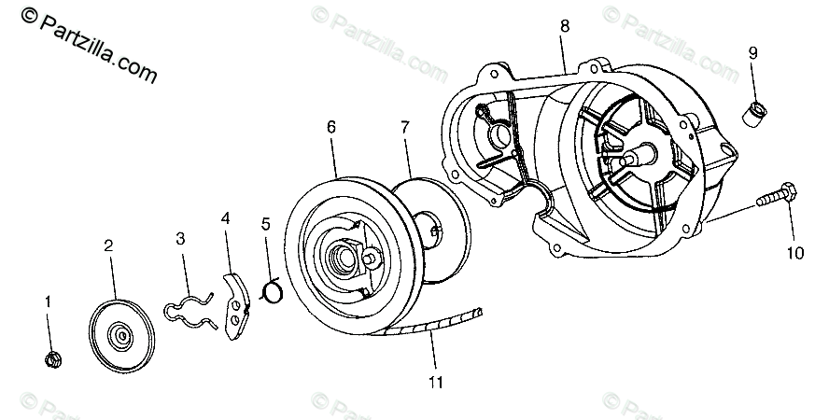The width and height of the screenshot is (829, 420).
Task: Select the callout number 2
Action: [x=108, y=246]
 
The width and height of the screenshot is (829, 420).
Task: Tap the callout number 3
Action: [x=180, y=238]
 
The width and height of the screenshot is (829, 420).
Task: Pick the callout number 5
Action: [x=266, y=224]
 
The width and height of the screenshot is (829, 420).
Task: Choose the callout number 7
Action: [x=405, y=126]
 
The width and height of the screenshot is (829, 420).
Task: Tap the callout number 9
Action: [x=752, y=53]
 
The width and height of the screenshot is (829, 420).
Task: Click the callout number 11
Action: [x=436, y=381]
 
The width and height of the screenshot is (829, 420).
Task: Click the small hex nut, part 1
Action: [x=52, y=357]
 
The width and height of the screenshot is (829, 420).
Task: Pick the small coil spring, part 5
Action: [x=273, y=291]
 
